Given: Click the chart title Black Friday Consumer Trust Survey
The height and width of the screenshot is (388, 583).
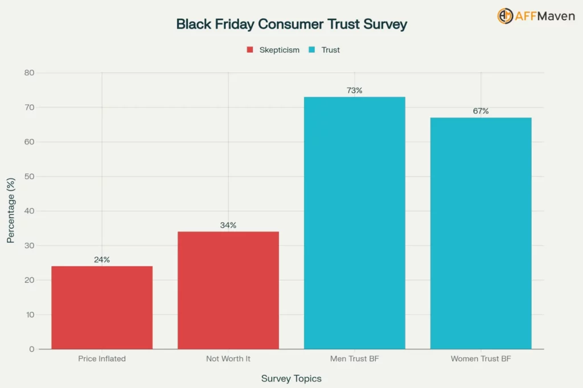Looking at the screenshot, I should [x=291, y=24].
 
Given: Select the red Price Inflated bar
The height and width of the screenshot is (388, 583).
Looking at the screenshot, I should [x=102, y=307].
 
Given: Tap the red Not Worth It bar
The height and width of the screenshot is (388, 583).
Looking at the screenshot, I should [x=228, y=290].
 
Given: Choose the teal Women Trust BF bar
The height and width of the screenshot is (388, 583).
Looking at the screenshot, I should [x=481, y=233].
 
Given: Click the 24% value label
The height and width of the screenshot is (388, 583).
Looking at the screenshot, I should [x=102, y=259].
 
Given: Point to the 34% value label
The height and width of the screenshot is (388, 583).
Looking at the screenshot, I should [x=228, y=225].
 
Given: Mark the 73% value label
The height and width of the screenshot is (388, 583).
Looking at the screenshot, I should [x=354, y=90].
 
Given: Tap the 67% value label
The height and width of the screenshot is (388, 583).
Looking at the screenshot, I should [x=481, y=111].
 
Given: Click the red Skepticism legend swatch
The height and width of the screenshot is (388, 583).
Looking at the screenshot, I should [x=249, y=50].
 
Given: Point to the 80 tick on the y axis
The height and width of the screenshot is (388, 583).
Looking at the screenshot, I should [x=29, y=73].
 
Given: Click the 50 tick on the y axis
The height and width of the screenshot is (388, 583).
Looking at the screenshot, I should [x=29, y=176].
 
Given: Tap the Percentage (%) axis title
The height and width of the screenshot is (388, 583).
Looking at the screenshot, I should [x=11, y=210].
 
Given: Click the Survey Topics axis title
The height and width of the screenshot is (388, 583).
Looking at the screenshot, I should [x=291, y=378].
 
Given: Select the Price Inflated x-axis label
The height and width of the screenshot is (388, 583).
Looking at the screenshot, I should [x=102, y=359].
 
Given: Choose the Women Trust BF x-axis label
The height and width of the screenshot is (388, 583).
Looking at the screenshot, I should [x=481, y=359].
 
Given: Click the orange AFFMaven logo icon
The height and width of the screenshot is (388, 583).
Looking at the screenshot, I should [x=504, y=16].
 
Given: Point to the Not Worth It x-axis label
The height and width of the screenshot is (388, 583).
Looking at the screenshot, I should [x=228, y=359].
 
